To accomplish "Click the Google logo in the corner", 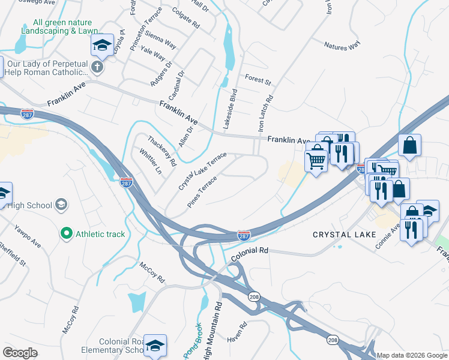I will click(x=20, y=353).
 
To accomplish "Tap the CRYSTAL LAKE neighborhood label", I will click(x=344, y=235).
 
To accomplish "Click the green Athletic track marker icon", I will click(x=68, y=233).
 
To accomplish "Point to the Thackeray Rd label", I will click(x=162, y=152).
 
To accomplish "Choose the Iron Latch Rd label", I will click(x=265, y=113).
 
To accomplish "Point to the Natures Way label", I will click(x=342, y=45).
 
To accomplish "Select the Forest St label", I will click(x=258, y=79).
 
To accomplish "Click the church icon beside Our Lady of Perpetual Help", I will click(x=97, y=67).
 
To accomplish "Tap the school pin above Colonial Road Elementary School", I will click(x=154, y=346).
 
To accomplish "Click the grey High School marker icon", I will click(x=61, y=205).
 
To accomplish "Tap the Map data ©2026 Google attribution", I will click(x=412, y=355).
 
